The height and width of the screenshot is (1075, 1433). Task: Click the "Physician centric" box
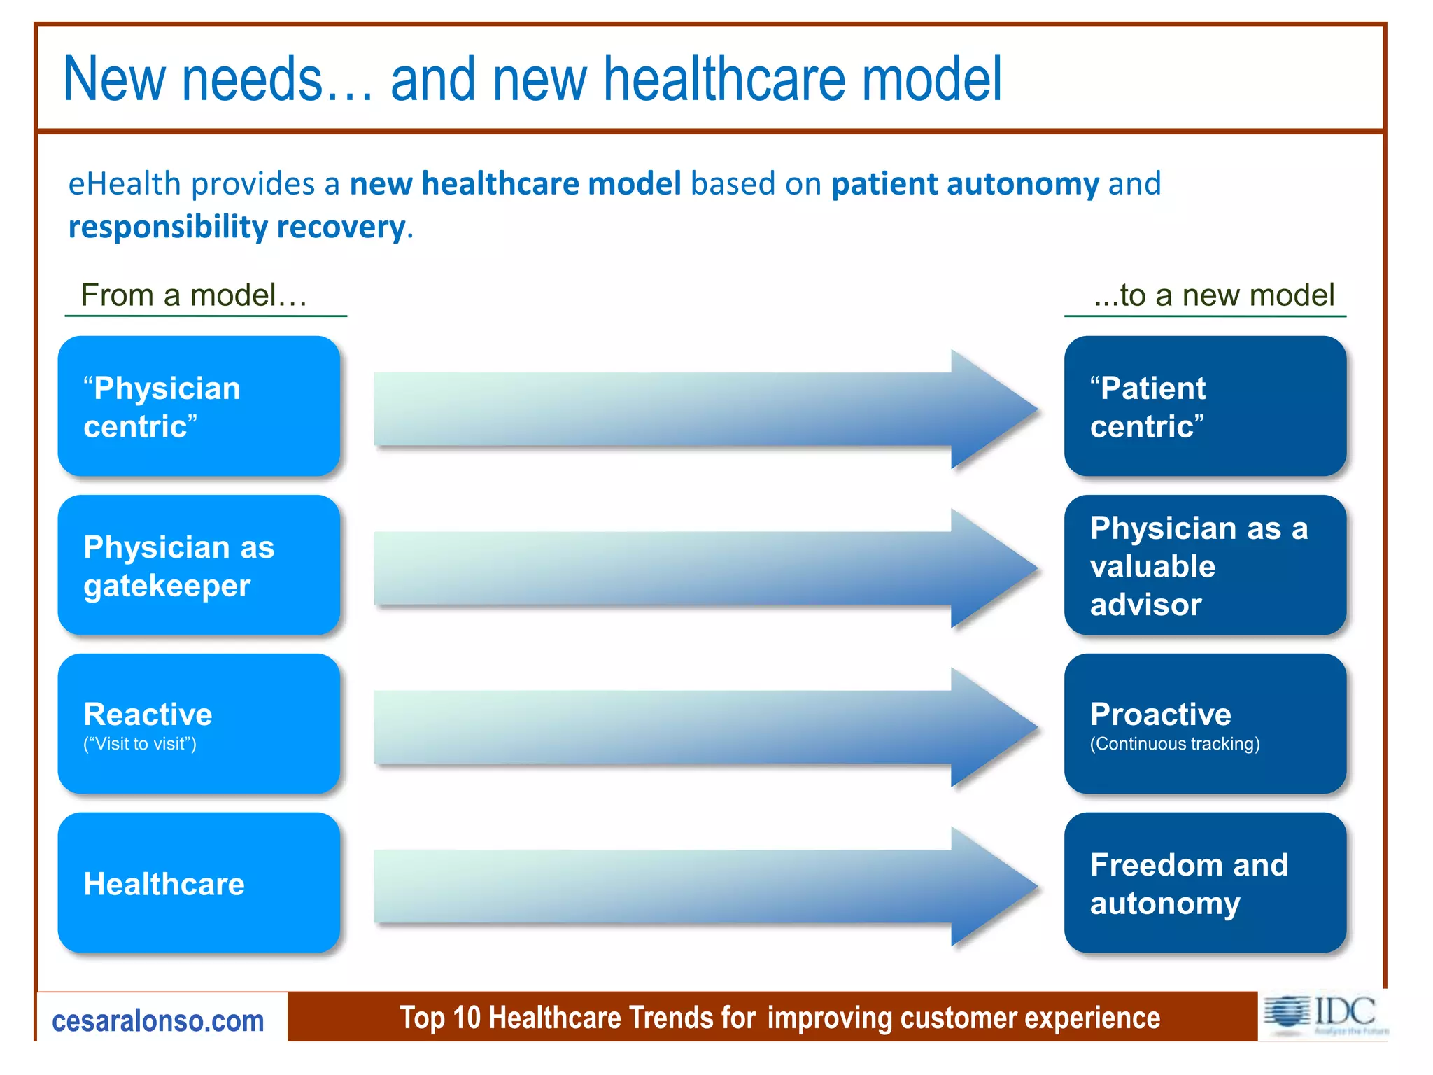(199, 407)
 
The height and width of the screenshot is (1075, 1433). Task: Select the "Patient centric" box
(1205, 407)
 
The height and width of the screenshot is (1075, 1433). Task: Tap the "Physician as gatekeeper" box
(199, 565)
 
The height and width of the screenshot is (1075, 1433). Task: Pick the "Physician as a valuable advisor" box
(1205, 565)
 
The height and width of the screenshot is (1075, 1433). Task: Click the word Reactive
(148, 715)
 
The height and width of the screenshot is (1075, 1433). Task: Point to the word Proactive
(1160, 715)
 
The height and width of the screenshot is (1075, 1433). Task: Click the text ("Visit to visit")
(140, 744)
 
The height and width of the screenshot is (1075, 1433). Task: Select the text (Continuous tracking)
(1174, 744)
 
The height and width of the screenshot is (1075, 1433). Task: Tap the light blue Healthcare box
(199, 883)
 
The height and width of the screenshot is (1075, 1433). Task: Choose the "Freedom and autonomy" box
(1205, 883)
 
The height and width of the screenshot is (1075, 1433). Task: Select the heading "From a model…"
(194, 295)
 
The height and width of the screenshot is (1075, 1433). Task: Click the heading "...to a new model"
(1214, 295)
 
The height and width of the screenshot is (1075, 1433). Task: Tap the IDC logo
(1322, 1015)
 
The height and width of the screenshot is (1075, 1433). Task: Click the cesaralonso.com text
(158, 1021)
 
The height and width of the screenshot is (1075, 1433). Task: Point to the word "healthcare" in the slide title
(726, 79)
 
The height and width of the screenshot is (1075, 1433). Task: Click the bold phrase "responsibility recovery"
(237, 227)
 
